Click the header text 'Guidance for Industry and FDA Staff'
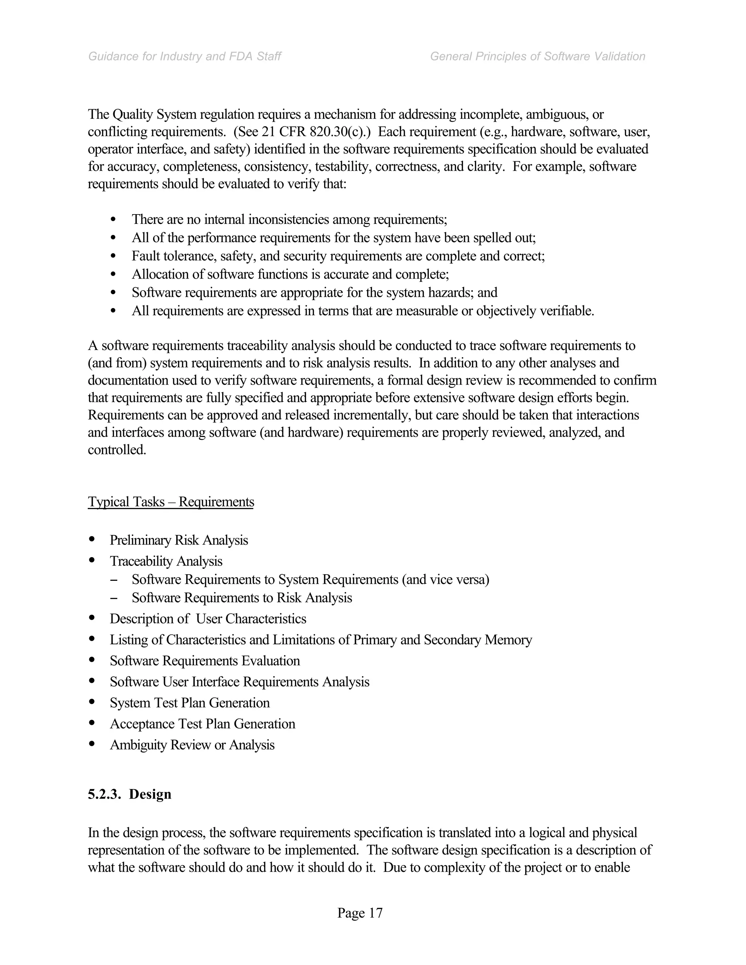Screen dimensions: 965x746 (184, 56)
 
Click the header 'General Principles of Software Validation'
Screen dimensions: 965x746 (537, 56)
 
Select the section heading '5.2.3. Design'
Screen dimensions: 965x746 (129, 794)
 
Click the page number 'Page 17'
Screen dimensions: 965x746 (360, 913)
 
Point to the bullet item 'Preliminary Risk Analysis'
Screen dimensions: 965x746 (178, 540)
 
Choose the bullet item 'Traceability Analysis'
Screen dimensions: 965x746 (166, 561)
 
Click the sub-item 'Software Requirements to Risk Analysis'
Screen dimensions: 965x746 (242, 598)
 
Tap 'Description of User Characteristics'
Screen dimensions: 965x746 (208, 619)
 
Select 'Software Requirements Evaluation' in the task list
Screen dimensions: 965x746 (205, 661)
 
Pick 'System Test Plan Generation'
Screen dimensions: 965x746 (189, 702)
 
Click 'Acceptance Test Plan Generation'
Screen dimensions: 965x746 (203, 724)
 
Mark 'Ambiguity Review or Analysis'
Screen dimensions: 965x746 (192, 745)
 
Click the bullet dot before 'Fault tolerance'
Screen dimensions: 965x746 (114, 256)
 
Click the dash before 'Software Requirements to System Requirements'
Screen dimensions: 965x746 (114, 580)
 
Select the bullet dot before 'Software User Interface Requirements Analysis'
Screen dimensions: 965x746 (92, 681)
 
